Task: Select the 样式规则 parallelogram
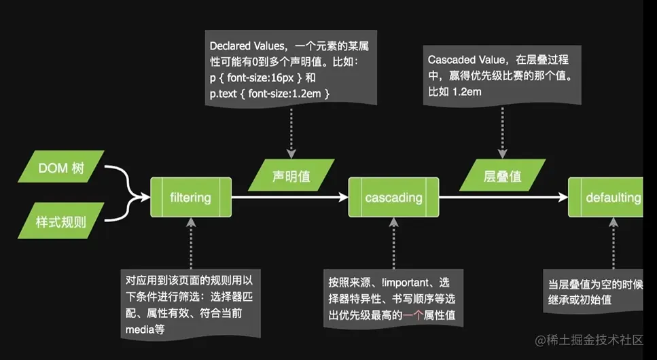click(x=61, y=221)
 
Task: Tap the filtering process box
click(x=190, y=198)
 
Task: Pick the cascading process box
click(x=393, y=198)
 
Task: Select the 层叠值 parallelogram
click(x=502, y=177)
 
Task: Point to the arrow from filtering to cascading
click(x=289, y=198)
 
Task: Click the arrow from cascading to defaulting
click(x=503, y=198)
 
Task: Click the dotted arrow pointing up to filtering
click(x=190, y=245)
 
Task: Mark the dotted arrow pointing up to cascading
click(x=393, y=245)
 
